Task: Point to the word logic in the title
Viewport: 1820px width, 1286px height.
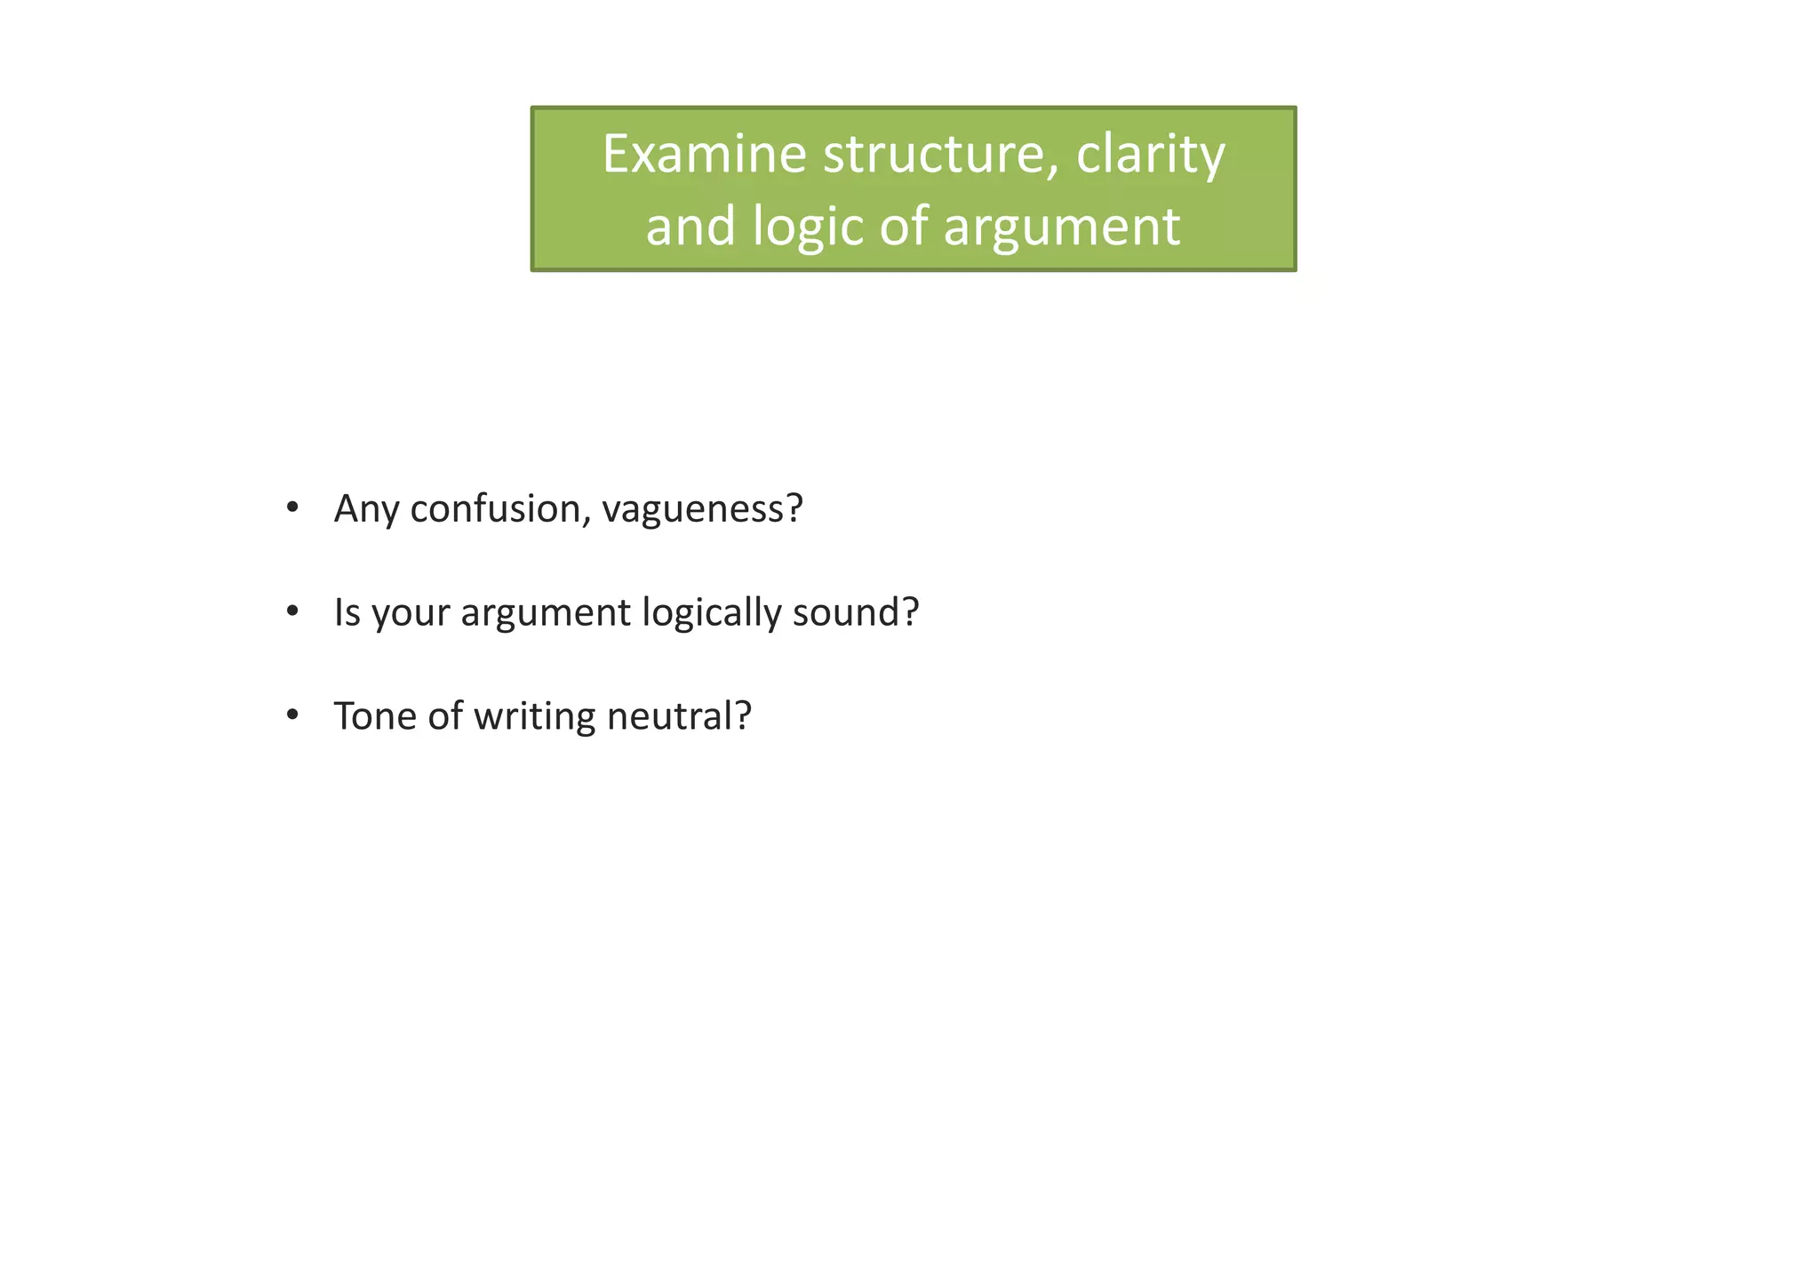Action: pyautogui.click(x=808, y=228)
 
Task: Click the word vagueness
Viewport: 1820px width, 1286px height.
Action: pyautogui.click(x=702, y=510)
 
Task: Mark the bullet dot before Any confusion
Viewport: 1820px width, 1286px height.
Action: pyautogui.click(x=292, y=508)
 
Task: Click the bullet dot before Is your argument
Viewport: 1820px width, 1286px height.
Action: pyautogui.click(x=292, y=612)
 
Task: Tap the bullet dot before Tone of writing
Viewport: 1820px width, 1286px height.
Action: pyautogui.click(x=292, y=716)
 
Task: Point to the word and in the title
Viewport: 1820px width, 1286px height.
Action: pyautogui.click(x=690, y=227)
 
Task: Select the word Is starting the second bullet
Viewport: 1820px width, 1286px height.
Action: pyautogui.click(x=347, y=612)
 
